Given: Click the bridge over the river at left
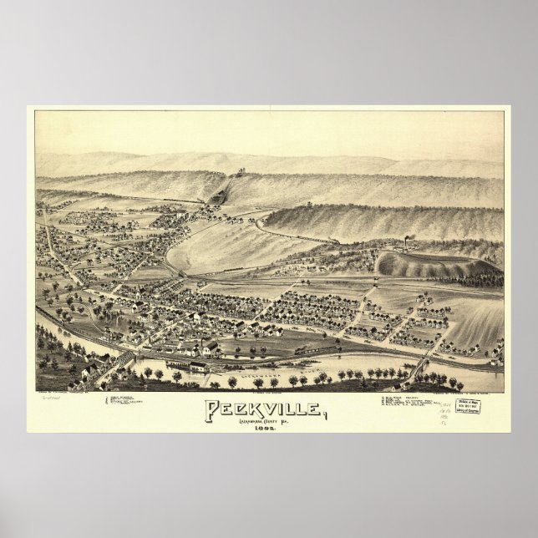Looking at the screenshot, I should pyautogui.click(x=120, y=359).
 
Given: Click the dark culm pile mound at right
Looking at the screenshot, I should pyautogui.click(x=418, y=266).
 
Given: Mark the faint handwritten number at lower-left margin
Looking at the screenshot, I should pyautogui.click(x=47, y=400).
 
